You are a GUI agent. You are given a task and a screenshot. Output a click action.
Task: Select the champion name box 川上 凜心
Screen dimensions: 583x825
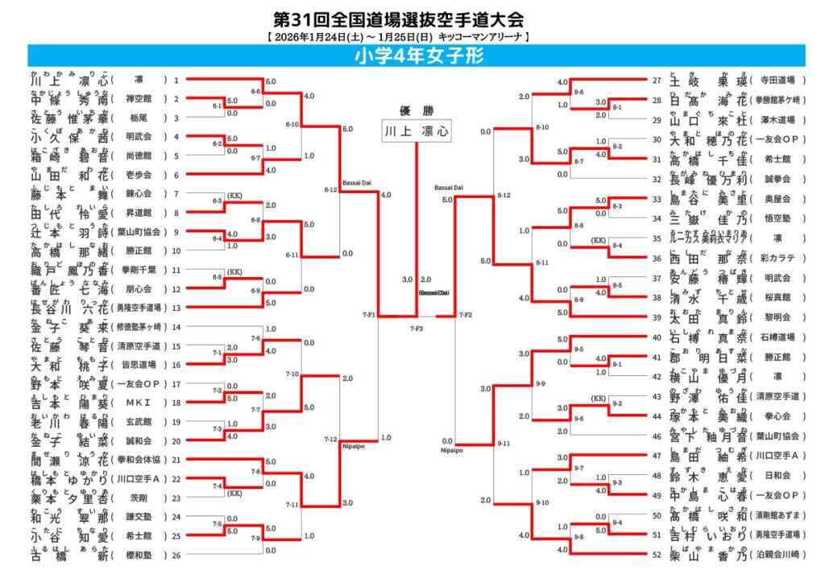[x=416, y=130]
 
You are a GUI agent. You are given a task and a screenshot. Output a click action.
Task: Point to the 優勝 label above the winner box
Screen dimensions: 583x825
[x=416, y=110]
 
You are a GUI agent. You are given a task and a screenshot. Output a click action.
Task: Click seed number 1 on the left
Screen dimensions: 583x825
[x=176, y=81]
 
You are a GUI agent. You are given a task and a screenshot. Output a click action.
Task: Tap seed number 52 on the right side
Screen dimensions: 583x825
[x=657, y=554]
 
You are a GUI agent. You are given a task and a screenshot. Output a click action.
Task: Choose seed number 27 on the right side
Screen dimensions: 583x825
[x=657, y=81]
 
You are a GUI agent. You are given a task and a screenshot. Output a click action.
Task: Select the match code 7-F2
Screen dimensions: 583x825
[x=465, y=314]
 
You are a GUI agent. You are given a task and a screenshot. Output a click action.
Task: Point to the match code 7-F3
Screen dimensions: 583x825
[x=417, y=329]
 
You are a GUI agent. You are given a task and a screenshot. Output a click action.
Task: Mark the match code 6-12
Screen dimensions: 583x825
[x=330, y=190]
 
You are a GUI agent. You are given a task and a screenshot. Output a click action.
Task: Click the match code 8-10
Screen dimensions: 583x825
[x=543, y=127]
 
